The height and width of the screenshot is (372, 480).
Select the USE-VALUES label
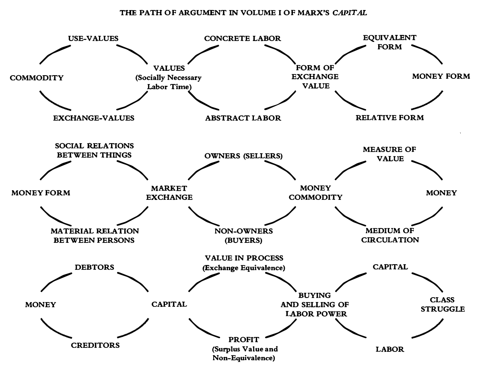tap(92, 39)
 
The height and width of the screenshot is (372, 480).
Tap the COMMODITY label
tap(37, 78)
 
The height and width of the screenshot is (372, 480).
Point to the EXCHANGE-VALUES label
tap(94, 118)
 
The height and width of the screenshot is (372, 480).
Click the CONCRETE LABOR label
tap(242, 39)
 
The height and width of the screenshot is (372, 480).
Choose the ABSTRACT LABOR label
tap(243, 118)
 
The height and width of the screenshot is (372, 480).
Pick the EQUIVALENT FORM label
tap(384, 42)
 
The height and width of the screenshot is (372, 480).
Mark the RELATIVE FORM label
tap(389, 118)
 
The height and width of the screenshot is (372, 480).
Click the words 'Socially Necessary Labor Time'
tap(168, 82)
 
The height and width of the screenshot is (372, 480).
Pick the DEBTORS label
tap(95, 267)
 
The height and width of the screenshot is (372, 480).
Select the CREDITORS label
tap(95, 345)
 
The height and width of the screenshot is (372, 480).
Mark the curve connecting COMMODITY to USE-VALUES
tap(54, 53)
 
